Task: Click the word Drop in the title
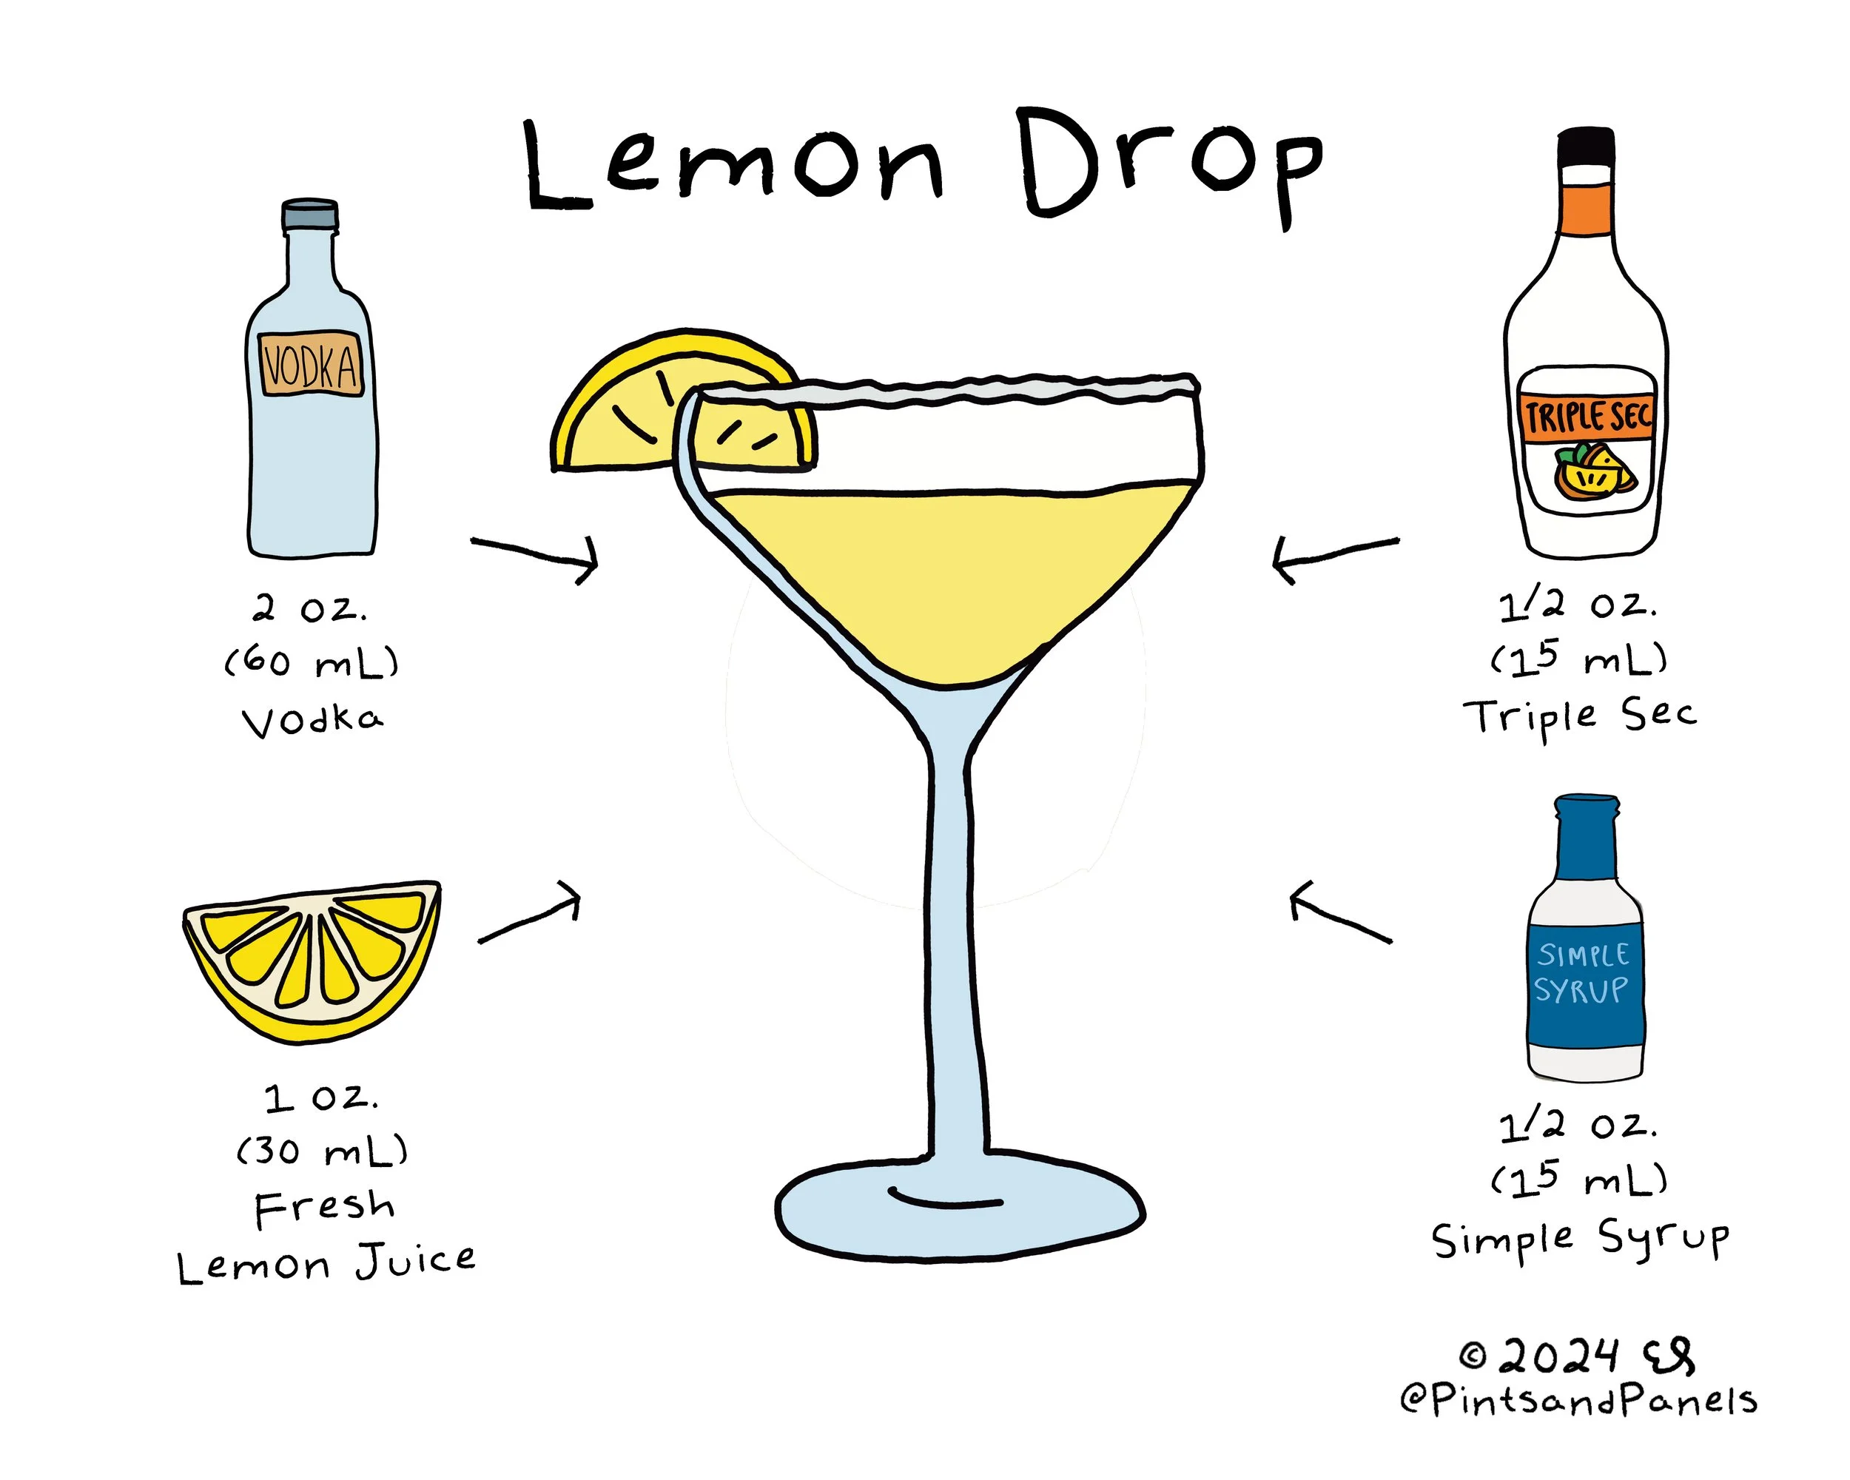point(1172,166)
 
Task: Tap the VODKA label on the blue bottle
point(311,364)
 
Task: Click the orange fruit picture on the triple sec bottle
point(1594,471)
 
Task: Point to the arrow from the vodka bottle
point(534,556)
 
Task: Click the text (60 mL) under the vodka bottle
point(312,662)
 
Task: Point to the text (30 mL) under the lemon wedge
point(323,1151)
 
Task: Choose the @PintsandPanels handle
point(1579,1400)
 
